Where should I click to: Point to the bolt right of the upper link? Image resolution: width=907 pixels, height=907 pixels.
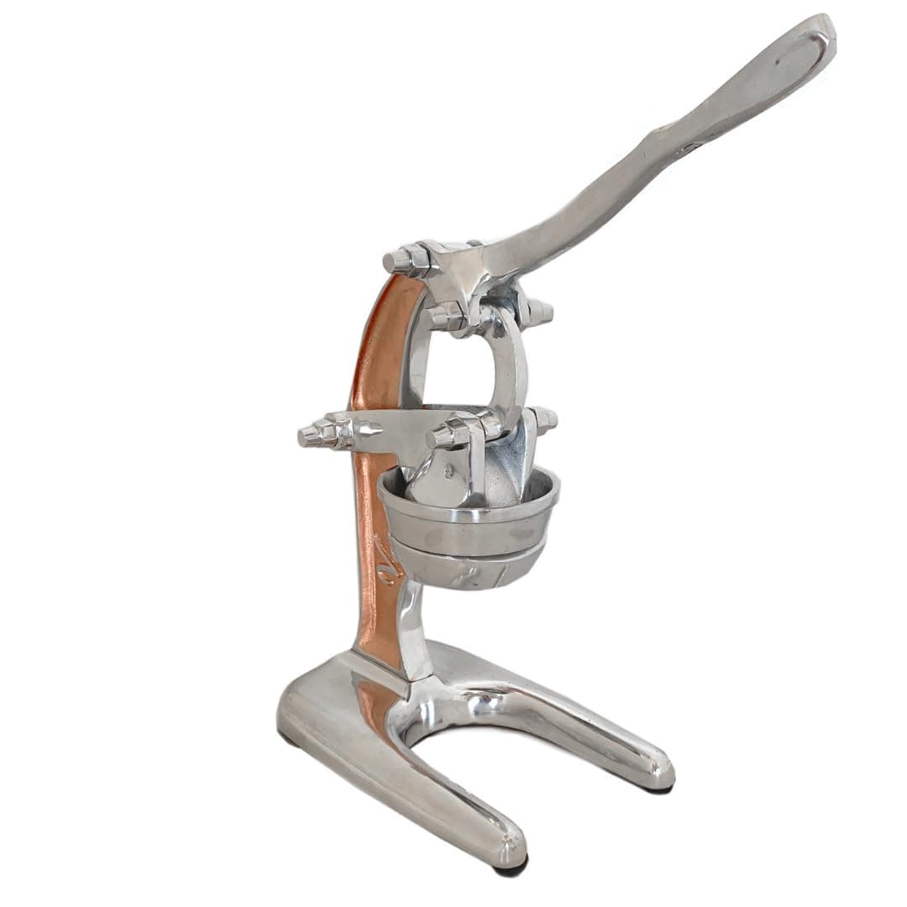[x=537, y=312]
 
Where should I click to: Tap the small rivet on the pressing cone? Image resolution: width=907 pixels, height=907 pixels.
[x=448, y=471]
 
